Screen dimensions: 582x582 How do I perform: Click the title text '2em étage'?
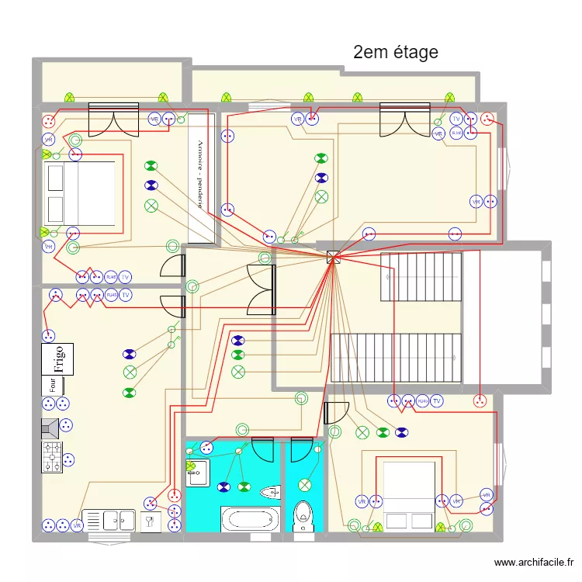pos(395,52)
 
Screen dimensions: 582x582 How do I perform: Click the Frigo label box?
pos(57,359)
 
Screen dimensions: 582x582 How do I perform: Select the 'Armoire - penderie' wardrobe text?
pos(200,175)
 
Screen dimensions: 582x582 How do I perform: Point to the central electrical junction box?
pos(333,258)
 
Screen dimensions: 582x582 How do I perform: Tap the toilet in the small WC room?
pos(303,516)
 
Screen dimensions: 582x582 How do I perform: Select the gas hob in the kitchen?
pos(51,457)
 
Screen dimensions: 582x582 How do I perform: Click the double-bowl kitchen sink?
pos(108,520)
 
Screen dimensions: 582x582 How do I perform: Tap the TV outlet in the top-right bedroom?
pos(456,119)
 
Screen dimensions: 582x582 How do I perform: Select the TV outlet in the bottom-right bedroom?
pos(437,400)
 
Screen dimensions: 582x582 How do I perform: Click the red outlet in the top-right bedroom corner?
pos(487,119)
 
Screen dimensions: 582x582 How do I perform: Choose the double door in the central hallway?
pos(261,289)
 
